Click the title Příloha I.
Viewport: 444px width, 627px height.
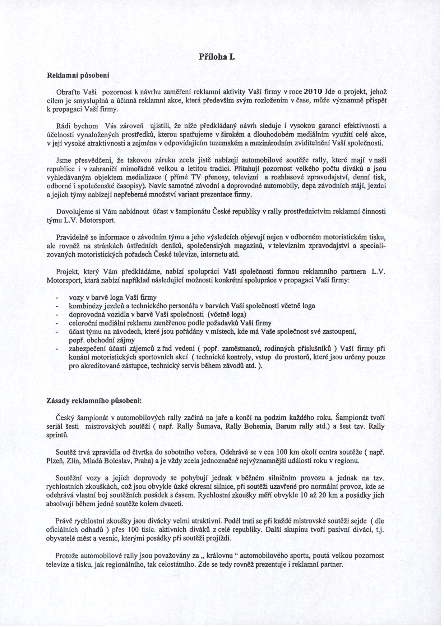(x=217, y=57)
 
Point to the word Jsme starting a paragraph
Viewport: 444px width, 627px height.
(x=63, y=160)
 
